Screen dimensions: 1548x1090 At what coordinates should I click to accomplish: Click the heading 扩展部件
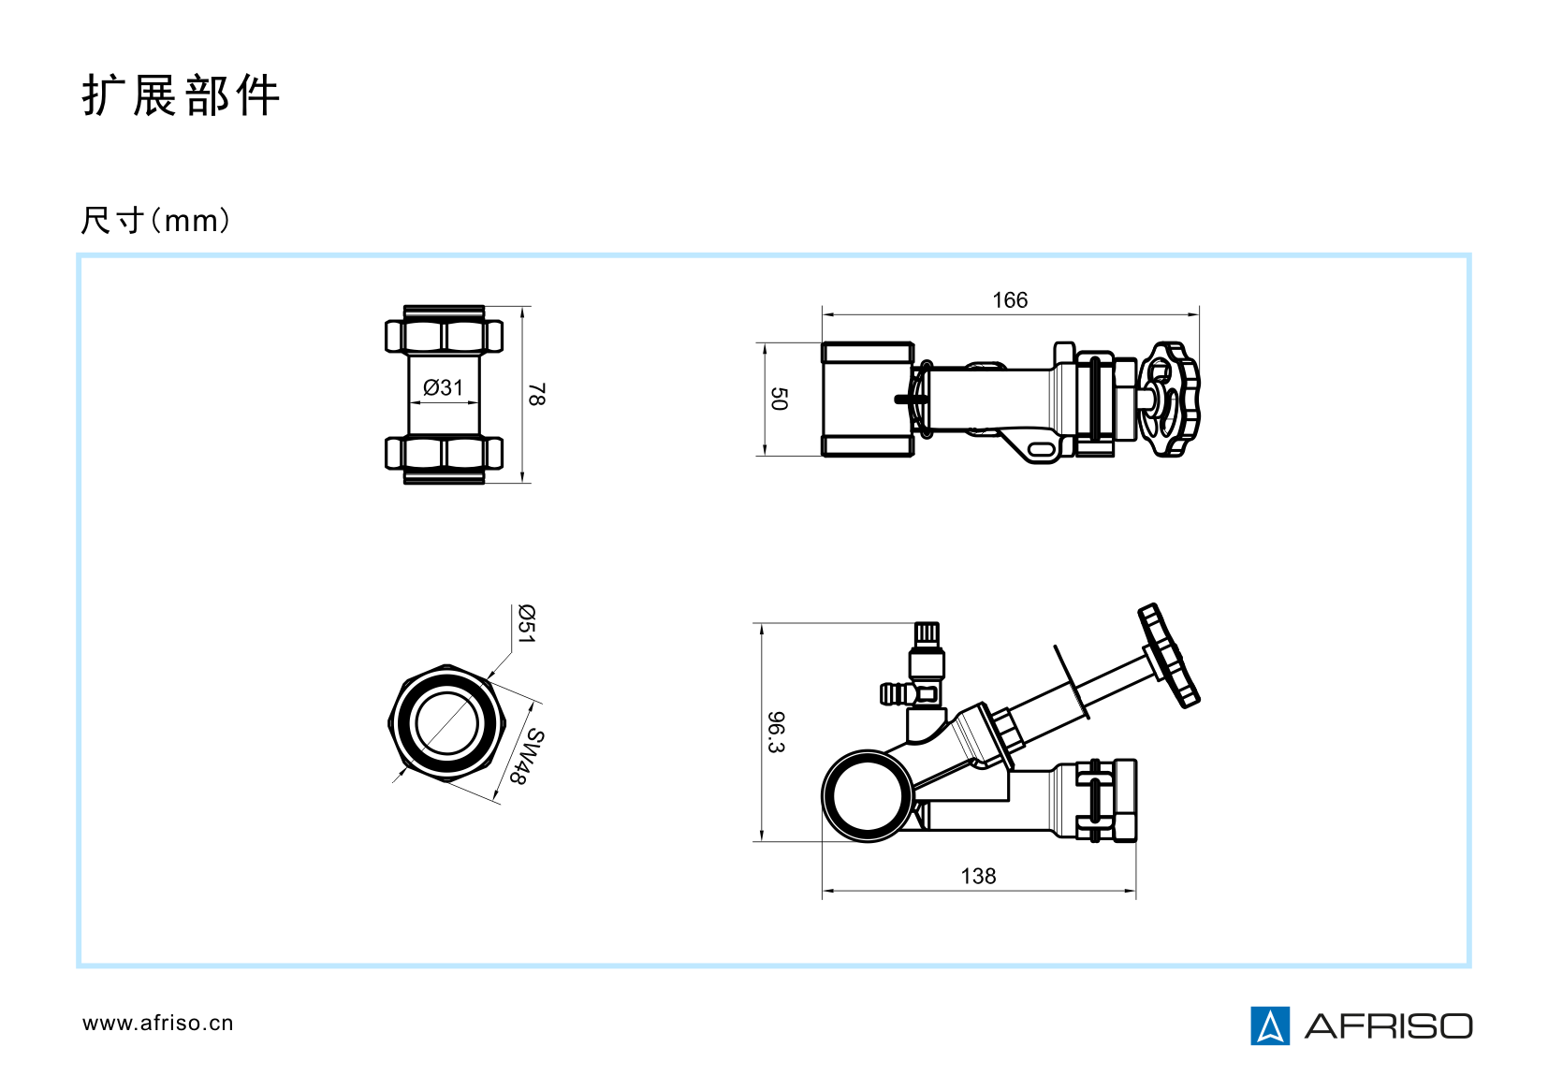181,94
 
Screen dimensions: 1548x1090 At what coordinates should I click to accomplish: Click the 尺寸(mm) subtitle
155,221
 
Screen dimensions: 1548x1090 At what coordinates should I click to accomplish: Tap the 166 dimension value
1010,299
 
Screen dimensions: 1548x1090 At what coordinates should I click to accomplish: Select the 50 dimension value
779,399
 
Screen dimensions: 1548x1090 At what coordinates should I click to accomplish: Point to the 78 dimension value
537,395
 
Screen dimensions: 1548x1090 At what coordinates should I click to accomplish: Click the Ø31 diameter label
443,386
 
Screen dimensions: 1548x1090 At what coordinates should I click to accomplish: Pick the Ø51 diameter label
527,624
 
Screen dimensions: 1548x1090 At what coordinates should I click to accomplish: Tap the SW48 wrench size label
527,756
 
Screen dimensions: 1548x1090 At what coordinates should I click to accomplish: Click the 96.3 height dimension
777,733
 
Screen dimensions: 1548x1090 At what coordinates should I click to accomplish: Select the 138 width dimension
978,876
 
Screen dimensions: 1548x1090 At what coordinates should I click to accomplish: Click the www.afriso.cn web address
157,1023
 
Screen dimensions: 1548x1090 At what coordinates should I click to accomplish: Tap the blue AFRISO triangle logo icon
1269,1025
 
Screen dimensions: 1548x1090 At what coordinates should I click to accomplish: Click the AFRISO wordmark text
1388,1026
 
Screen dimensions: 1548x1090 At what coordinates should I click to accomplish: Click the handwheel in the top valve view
1169,400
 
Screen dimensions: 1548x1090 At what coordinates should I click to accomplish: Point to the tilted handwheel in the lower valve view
1169,656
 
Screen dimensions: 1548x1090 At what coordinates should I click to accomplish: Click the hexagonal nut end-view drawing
447,723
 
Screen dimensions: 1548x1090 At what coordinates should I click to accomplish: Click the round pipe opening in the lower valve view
868,795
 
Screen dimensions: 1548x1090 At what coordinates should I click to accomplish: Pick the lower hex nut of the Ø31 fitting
444,457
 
